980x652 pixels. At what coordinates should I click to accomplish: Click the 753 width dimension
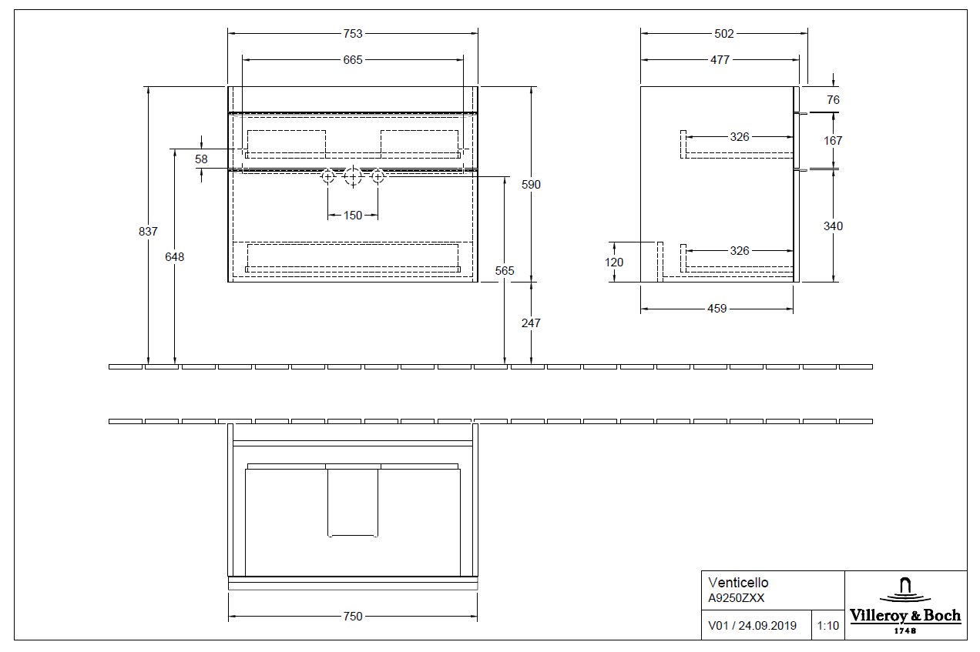[353, 34]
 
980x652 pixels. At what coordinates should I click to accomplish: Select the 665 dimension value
[353, 60]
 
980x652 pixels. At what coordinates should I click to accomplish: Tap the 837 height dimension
[149, 231]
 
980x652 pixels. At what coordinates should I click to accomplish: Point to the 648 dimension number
[175, 257]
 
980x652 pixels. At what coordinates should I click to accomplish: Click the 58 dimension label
[201, 159]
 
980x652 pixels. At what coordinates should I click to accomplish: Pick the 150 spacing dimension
[353, 216]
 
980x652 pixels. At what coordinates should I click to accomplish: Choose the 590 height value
[532, 185]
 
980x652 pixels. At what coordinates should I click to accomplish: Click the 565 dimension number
[505, 271]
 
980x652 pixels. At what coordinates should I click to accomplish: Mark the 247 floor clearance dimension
[531, 323]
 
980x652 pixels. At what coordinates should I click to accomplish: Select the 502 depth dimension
[724, 34]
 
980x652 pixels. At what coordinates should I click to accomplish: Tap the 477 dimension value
[720, 60]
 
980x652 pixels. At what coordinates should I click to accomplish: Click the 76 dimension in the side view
[833, 100]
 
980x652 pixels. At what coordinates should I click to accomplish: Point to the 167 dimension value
[833, 141]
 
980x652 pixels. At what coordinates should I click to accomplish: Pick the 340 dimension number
[833, 226]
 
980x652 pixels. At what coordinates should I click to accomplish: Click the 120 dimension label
[614, 262]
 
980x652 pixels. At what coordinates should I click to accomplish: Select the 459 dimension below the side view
[717, 309]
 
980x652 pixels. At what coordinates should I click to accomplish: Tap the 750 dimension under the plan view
[353, 617]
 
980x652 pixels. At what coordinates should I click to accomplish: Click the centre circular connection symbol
[353, 177]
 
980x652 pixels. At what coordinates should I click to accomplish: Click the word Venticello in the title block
[738, 583]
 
